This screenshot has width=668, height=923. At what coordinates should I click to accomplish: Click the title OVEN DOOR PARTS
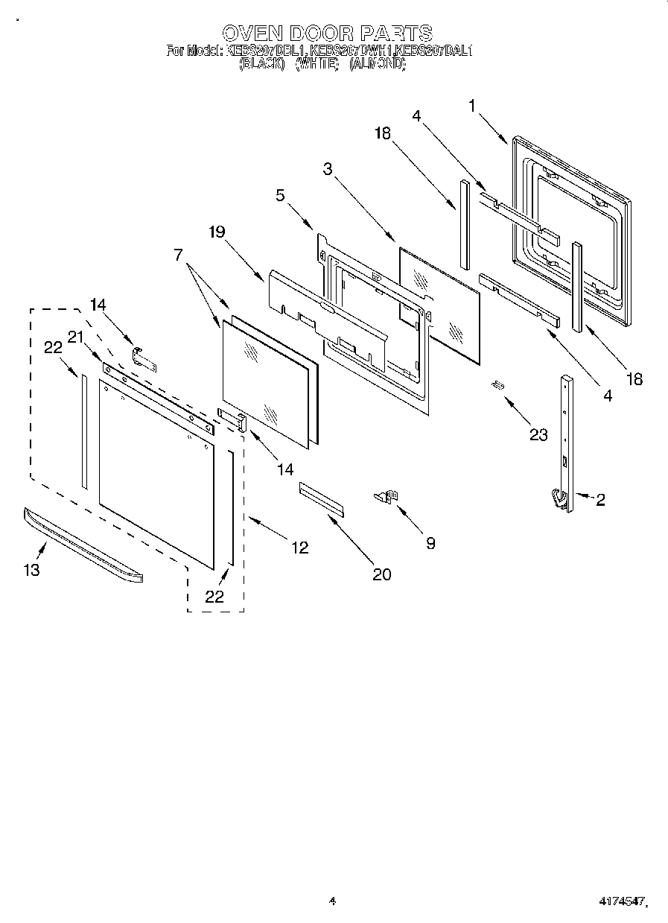pos(328,33)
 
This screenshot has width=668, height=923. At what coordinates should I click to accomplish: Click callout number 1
pos(472,106)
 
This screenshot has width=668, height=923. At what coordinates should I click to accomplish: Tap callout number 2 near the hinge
pos(599,500)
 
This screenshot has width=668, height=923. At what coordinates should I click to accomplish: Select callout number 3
pos(327,168)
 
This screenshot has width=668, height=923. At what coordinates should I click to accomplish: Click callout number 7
pos(179,254)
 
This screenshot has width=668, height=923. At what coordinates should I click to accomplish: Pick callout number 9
pos(430,543)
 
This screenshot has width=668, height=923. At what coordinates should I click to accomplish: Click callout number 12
pos(299,548)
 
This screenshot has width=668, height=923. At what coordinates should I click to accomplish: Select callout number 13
pos(31,570)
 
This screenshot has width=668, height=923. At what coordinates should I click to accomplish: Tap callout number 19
pos(216,232)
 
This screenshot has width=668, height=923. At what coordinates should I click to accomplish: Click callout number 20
pos(380,574)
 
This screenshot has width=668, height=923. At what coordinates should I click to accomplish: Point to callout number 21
pos(74,337)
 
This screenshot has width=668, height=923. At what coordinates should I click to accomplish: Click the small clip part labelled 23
pos(497,384)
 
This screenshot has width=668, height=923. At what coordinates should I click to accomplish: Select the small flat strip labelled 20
pos(322,498)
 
